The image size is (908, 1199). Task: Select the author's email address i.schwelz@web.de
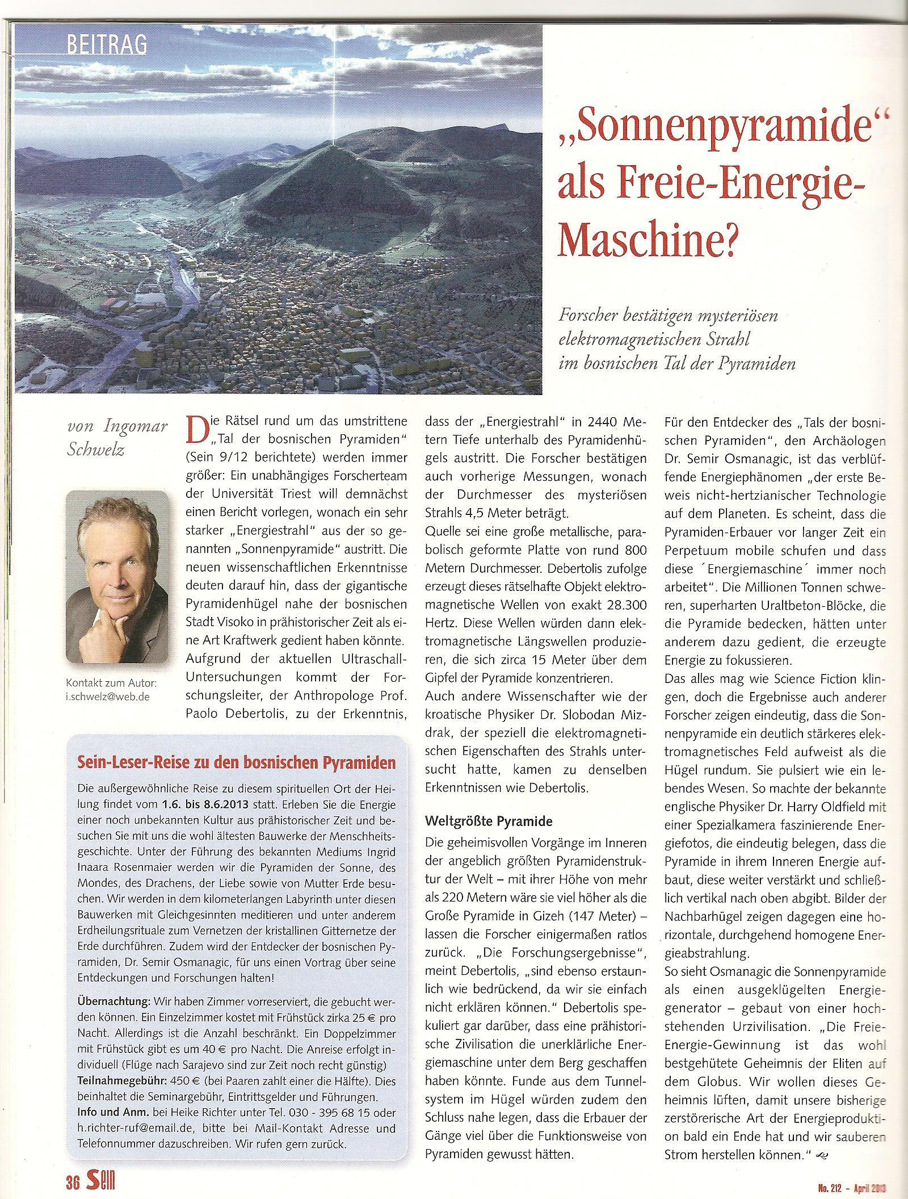click(107, 696)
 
